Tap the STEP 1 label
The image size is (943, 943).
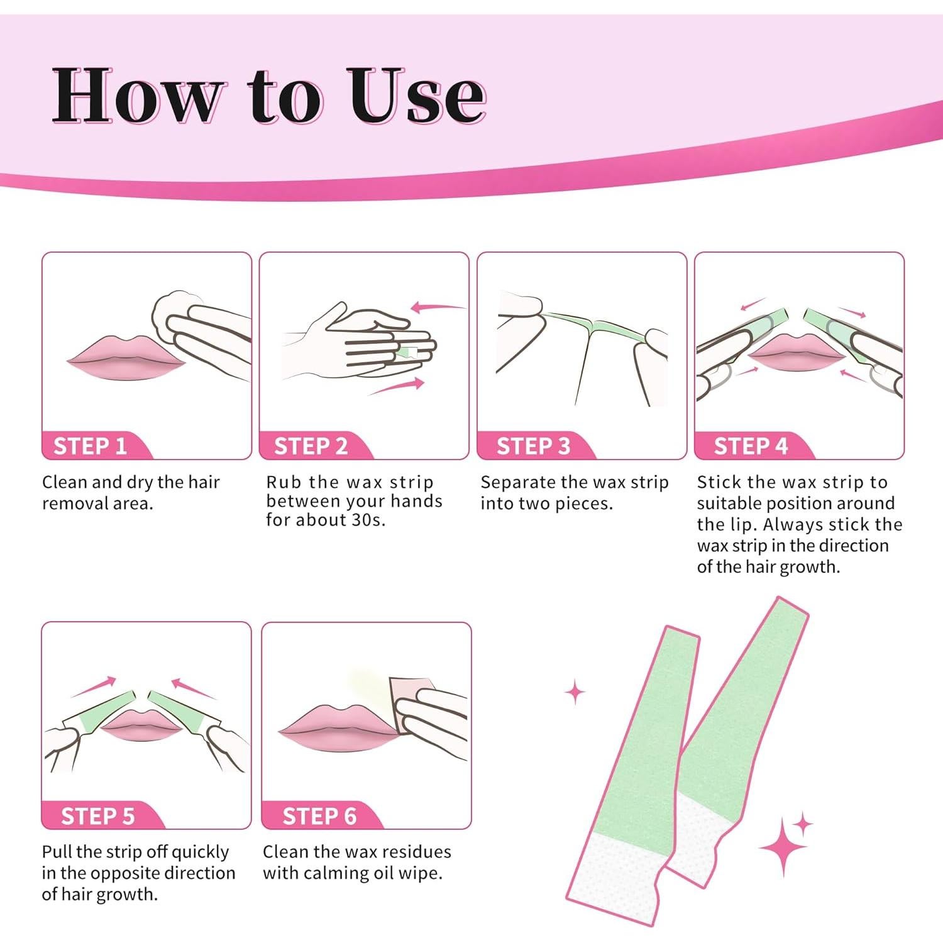click(91, 446)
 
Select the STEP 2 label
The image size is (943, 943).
click(311, 446)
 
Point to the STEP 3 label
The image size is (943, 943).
click(533, 446)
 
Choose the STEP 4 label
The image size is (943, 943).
click(751, 446)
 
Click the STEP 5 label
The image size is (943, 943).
click(97, 816)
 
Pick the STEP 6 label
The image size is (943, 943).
click(319, 816)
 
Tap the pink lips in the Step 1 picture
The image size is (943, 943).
click(126, 358)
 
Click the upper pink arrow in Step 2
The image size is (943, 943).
click(438, 307)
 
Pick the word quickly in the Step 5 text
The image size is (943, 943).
click(200, 853)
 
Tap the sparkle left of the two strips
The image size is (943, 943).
click(575, 692)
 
